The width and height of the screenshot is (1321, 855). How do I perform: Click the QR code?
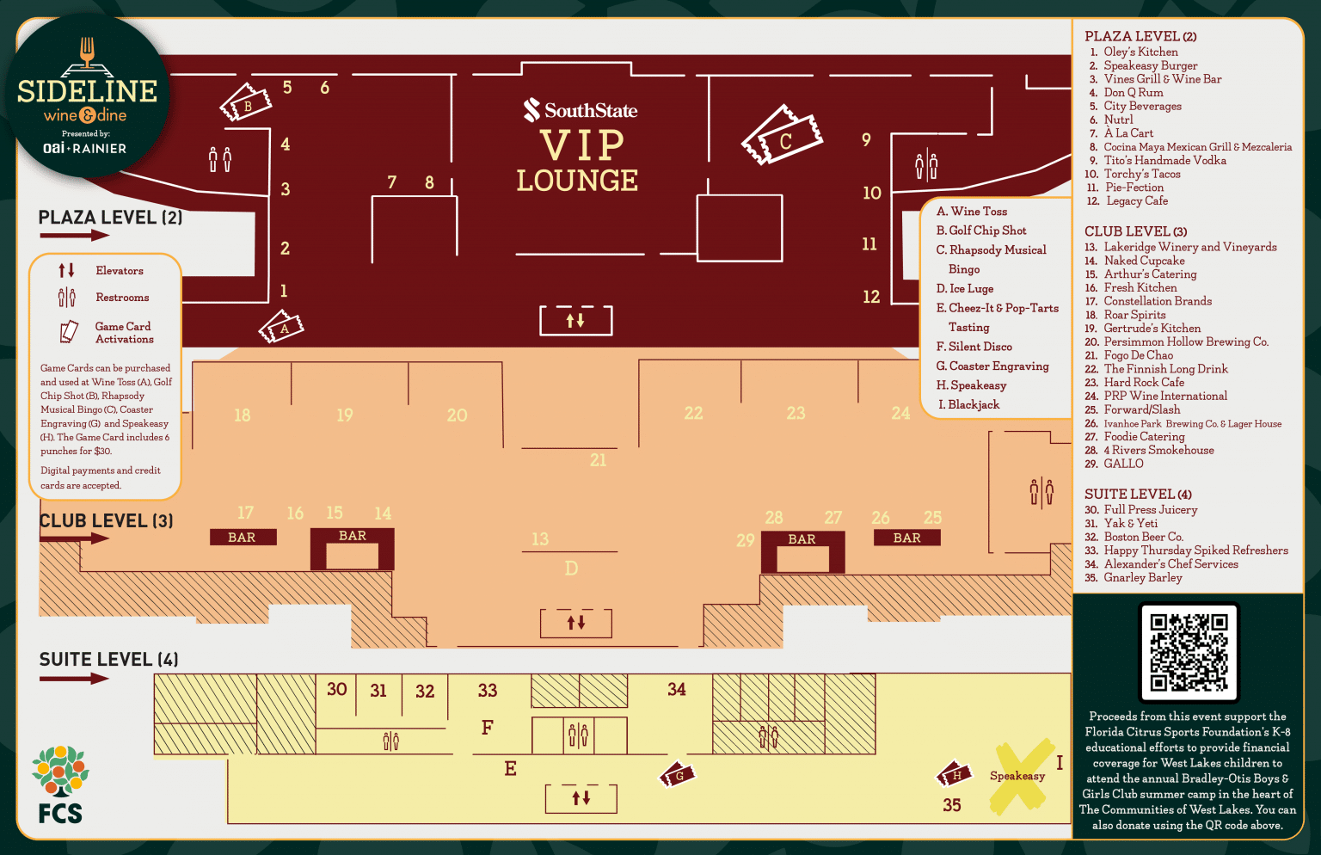point(1189,652)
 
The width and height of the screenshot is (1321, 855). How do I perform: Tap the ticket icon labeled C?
point(782,135)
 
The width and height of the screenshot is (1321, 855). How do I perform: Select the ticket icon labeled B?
point(246,102)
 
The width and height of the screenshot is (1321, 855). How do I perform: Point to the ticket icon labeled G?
point(677,774)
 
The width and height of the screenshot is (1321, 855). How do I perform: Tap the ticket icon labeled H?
point(954,773)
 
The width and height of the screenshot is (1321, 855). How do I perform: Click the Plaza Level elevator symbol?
point(575,320)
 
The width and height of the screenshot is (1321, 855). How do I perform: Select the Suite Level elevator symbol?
point(581,798)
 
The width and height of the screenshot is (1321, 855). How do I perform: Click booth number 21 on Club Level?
point(598,460)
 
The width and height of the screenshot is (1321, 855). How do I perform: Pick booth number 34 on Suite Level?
point(677,689)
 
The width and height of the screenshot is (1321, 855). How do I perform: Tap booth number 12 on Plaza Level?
point(871,297)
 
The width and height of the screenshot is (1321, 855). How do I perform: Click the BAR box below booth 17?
point(243,538)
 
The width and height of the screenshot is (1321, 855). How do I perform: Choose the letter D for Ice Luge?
point(571,569)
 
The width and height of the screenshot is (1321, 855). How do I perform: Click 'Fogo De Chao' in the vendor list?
point(1138,355)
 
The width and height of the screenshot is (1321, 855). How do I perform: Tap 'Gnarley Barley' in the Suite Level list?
point(1143,578)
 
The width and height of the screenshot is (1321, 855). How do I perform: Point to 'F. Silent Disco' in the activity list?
point(974,347)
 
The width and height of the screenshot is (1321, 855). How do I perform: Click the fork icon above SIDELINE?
point(87,52)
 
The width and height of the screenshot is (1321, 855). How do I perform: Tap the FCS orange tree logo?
point(60,771)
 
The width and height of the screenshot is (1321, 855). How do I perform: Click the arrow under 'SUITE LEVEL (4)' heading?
point(74,679)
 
